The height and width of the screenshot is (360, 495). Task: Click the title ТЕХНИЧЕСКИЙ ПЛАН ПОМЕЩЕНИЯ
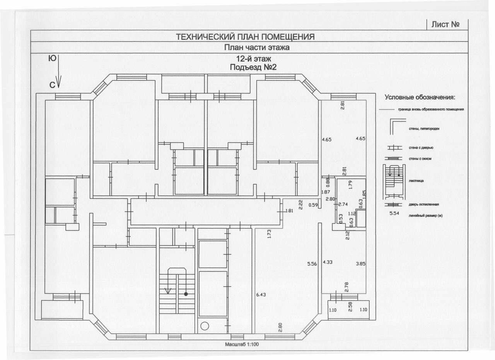coord(245,37)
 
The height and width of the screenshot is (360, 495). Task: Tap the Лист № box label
coord(445,24)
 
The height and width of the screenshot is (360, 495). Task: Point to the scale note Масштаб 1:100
coord(242,344)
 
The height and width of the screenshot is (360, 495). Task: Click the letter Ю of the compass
coord(52,59)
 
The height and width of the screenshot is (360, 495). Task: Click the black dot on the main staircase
coord(186,294)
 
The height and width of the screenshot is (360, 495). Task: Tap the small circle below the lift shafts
coord(205,326)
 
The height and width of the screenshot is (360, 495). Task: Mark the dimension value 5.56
coord(312,264)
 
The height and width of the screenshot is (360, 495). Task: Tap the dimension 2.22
coord(300,204)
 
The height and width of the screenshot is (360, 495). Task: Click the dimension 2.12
coord(347,235)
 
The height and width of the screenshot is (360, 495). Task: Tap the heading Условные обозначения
coord(420,97)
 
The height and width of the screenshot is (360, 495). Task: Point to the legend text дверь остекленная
coord(423,204)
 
